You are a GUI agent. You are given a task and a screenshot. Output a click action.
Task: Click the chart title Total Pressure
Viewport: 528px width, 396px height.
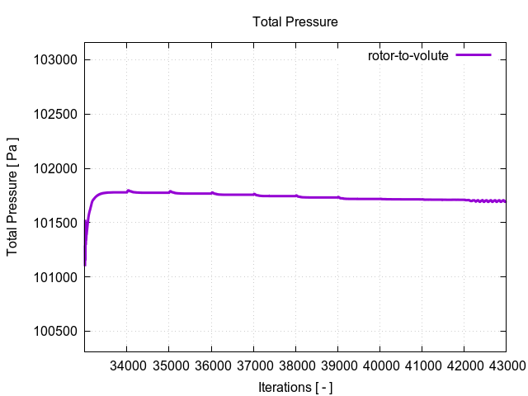295,21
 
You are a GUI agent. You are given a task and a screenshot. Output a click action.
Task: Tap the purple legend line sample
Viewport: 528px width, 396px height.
474,55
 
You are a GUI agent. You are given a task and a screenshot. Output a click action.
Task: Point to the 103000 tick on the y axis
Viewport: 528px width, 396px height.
55,60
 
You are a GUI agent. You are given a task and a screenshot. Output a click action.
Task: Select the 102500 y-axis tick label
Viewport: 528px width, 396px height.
55,115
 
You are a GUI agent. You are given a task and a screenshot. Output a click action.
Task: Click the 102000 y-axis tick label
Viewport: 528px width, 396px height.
55,169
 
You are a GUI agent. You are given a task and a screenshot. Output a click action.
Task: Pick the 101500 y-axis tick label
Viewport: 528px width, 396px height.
55,223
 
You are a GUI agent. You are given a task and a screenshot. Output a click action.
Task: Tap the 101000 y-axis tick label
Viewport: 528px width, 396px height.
55,277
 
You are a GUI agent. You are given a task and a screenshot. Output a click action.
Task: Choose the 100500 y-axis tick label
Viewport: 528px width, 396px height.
55,332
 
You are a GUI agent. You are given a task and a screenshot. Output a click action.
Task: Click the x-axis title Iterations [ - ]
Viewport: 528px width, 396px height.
295,386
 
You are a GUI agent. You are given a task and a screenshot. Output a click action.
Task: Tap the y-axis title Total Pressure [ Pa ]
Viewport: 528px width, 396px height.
13,196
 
